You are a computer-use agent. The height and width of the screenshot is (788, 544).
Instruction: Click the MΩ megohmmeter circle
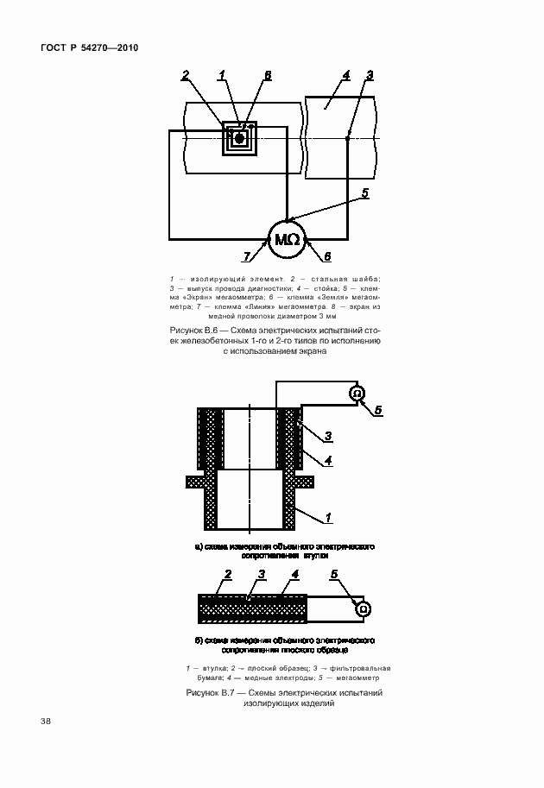[287, 239]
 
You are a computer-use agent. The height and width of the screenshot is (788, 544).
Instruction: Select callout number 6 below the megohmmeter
[327, 255]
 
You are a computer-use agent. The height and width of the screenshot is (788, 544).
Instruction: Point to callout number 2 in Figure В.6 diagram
[185, 76]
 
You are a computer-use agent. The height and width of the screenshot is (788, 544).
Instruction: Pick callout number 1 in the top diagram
[222, 76]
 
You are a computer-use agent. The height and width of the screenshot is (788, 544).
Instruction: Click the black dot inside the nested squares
[240, 137]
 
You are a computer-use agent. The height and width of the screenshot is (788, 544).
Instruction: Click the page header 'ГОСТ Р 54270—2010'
[89, 48]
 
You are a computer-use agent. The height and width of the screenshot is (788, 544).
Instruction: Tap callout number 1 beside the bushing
[329, 517]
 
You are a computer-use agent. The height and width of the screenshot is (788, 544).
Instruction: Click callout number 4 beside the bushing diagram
[328, 461]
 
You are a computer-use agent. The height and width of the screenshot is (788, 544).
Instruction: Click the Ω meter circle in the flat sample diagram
[364, 608]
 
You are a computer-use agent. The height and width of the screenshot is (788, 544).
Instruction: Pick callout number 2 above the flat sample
[227, 574]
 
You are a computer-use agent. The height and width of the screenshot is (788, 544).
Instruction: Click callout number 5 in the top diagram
[365, 193]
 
